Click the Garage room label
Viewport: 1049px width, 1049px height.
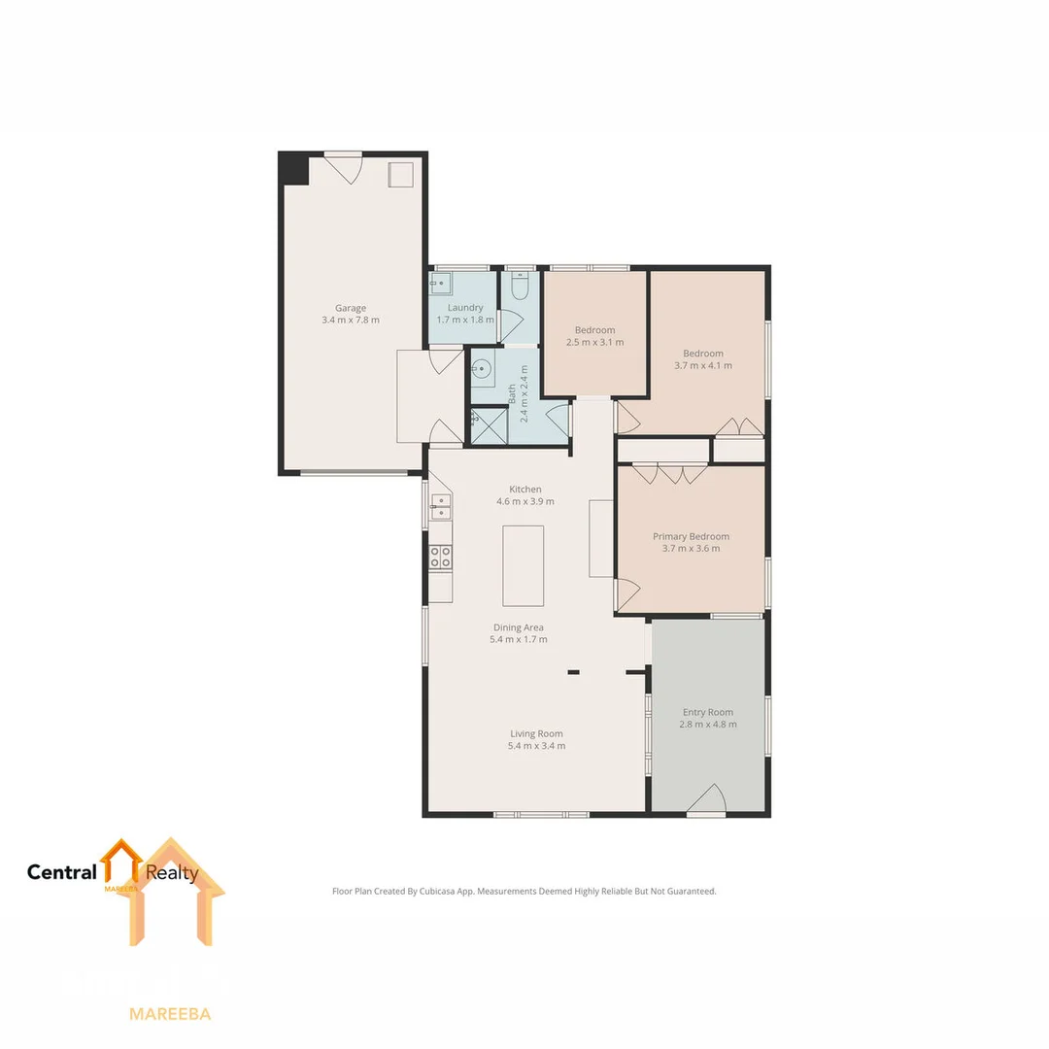tap(351, 308)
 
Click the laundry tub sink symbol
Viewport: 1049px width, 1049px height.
tap(441, 283)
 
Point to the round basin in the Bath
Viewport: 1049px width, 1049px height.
tap(483, 369)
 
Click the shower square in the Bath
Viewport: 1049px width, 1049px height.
tap(490, 424)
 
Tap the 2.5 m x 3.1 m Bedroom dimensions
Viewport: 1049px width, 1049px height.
tap(594, 342)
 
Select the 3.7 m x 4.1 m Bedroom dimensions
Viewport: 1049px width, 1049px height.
tap(702, 366)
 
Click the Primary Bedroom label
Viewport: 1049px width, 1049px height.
tap(691, 536)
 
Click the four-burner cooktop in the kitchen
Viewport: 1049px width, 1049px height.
tap(440, 557)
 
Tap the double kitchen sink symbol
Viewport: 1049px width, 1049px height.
tap(440, 507)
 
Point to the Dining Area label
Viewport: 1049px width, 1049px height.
tap(518, 627)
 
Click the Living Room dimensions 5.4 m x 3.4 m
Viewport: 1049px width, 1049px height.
tap(536, 746)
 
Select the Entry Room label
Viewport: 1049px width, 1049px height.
tap(707, 712)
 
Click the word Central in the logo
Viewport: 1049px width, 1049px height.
tap(62, 872)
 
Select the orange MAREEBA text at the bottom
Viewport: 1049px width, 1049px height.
tap(170, 1014)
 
